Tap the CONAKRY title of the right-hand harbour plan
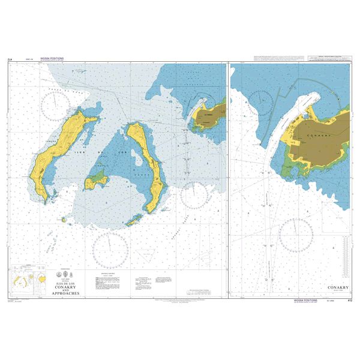coord(337,287)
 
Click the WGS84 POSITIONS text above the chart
coord(51,59)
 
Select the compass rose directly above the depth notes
coord(110,249)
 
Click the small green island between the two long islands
coord(96,178)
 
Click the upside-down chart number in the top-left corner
coord(10,59)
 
